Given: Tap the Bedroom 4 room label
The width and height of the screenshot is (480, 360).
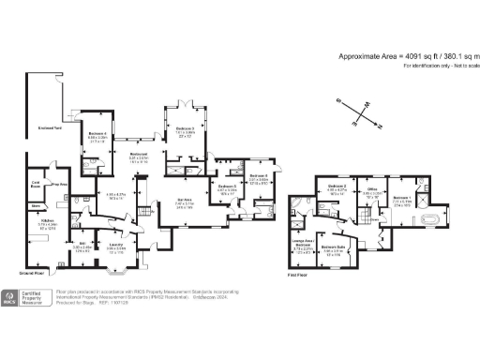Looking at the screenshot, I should (x=97, y=134).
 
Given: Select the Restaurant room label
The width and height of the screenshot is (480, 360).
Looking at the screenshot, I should (x=139, y=155).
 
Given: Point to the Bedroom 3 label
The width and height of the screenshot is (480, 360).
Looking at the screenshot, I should (x=186, y=128).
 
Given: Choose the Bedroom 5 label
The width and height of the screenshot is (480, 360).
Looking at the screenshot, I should (x=227, y=187).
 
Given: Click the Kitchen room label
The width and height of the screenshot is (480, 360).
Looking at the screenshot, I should (x=46, y=221).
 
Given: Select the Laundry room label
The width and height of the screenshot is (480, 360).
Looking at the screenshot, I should (x=115, y=244).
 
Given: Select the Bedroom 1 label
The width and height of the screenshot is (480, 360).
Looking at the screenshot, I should (x=401, y=199).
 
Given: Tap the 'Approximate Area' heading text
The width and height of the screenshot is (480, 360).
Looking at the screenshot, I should (x=373, y=56).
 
